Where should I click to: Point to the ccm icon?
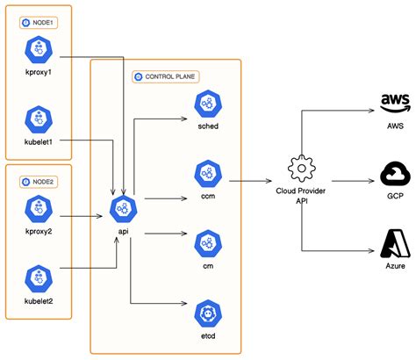tap(207, 172)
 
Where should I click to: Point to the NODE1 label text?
tap(42, 22)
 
